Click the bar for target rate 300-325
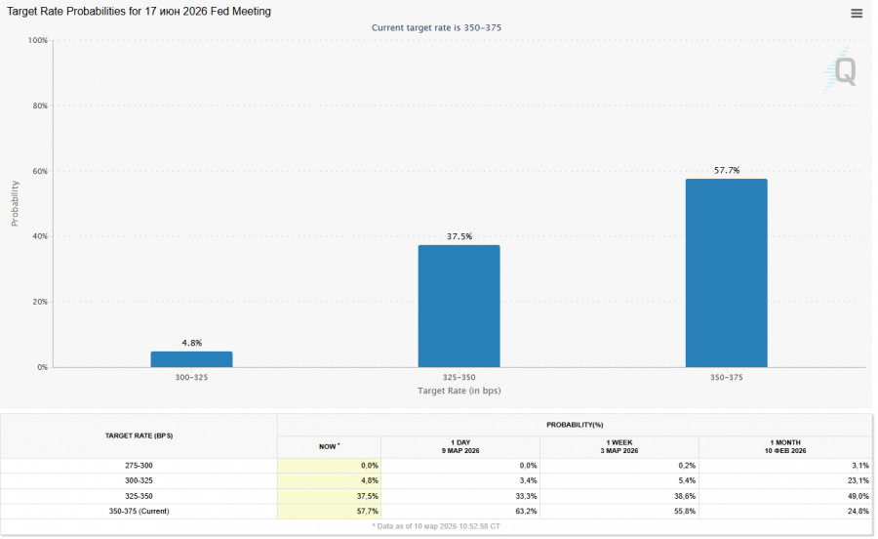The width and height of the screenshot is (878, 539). [x=191, y=359]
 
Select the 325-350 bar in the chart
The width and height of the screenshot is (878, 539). [x=459, y=306]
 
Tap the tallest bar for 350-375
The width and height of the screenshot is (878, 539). [x=726, y=273]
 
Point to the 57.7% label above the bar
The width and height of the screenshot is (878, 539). [x=727, y=170]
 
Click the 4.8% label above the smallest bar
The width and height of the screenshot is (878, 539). [x=191, y=343]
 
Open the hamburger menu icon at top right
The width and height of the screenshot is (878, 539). [x=857, y=14]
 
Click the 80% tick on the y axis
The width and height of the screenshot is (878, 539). [x=39, y=105]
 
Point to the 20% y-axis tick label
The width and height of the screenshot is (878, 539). [x=39, y=302]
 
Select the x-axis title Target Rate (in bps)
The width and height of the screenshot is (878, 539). [x=459, y=391]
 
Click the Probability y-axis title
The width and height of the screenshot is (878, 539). [x=15, y=203]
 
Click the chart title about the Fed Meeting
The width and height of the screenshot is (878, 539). [x=140, y=12]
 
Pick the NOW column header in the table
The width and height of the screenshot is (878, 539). [x=329, y=446]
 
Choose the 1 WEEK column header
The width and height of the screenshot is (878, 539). [x=619, y=446]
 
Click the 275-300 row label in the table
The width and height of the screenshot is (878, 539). [x=139, y=466]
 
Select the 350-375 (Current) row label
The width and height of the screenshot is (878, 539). [x=139, y=512]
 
